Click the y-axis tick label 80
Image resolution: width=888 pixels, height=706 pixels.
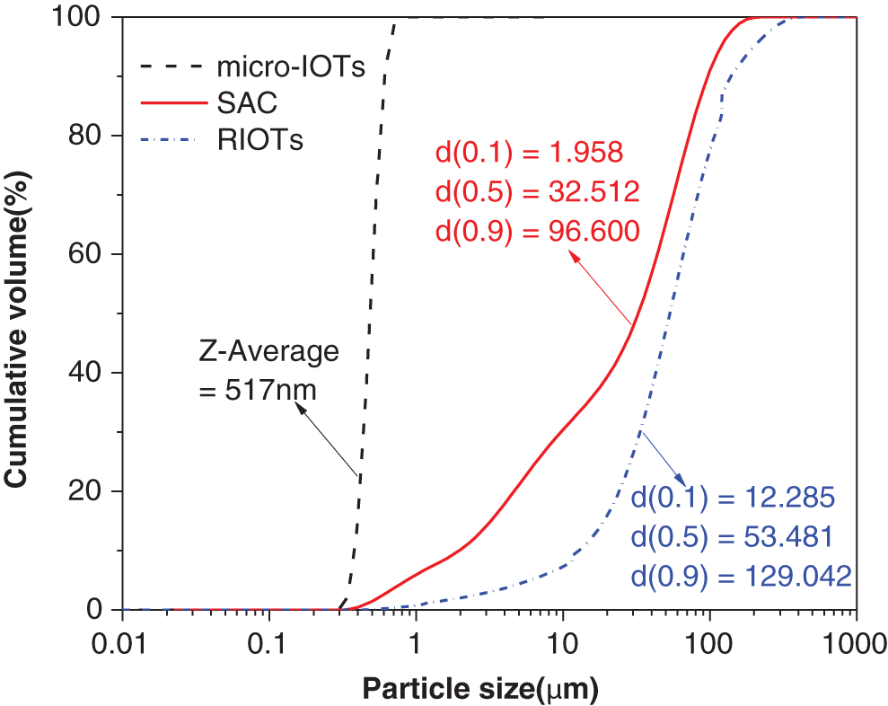[x=86, y=136]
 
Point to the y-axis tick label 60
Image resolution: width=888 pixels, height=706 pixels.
[x=86, y=254]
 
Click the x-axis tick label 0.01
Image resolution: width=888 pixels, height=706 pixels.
[x=123, y=643]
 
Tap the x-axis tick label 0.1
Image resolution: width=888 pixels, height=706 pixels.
[x=268, y=643]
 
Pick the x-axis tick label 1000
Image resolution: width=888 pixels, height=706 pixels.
[x=856, y=643]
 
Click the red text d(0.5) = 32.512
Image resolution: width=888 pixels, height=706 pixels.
[x=537, y=191]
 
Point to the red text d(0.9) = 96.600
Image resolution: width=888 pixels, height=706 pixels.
[x=537, y=231]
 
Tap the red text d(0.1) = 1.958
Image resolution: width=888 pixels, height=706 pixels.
[x=529, y=153]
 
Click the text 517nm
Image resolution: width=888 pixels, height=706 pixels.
[x=258, y=390]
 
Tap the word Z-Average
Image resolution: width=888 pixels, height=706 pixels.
[x=269, y=351]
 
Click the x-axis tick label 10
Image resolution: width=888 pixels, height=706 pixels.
[x=563, y=643]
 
